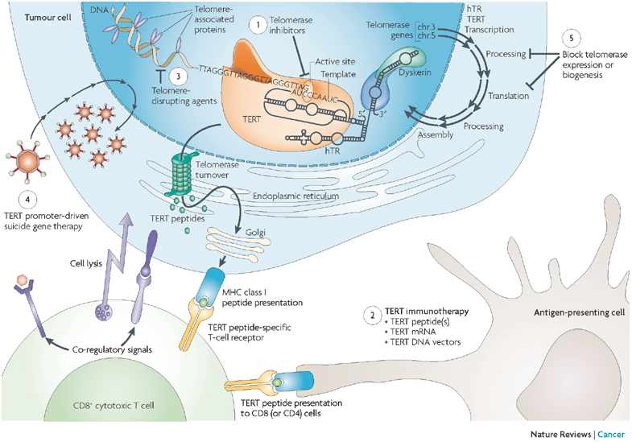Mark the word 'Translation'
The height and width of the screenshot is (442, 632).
pos(508,95)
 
